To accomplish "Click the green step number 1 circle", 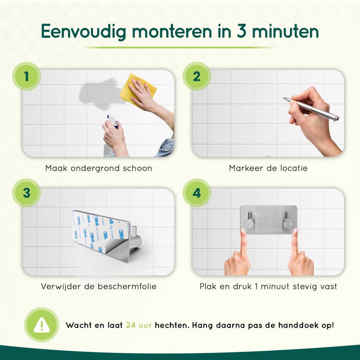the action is click(26, 76).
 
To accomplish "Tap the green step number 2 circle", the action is click(197, 76).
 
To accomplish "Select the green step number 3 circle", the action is click(26, 193).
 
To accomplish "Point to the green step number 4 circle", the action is click(197, 193).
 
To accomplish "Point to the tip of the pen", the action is click(283, 98).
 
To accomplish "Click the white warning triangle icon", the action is click(42, 325).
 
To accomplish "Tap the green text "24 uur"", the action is click(139, 325).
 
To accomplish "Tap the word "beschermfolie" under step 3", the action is click(127, 286).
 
